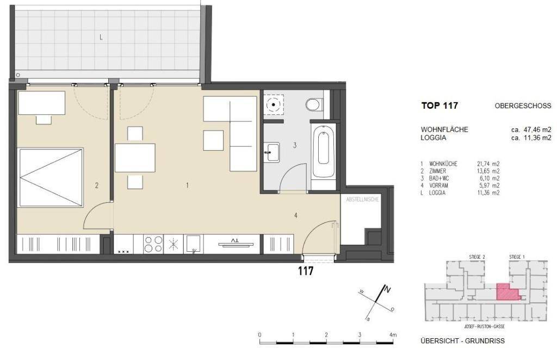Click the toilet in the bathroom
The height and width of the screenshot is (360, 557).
(314, 104)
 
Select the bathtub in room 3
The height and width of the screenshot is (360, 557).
(323, 150)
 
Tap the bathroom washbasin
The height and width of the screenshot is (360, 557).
(272, 152)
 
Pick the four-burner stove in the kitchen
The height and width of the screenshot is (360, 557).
(153, 244)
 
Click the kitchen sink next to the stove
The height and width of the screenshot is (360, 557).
(194, 245)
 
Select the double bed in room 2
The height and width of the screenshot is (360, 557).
(51, 177)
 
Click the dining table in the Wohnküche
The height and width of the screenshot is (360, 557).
(135, 158)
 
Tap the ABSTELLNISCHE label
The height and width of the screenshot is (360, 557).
(363, 200)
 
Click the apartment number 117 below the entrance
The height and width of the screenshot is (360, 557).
(306, 271)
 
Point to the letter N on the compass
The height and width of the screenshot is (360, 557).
(387, 290)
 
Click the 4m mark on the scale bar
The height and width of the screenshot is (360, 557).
(393, 335)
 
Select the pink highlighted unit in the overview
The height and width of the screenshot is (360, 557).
(507, 292)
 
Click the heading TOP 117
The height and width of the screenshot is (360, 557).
(440, 105)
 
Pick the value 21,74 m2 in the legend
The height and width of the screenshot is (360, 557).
(488, 164)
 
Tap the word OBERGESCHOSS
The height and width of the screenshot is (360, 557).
(523, 106)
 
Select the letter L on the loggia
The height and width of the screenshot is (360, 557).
(101, 38)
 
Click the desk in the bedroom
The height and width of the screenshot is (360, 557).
(41, 103)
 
